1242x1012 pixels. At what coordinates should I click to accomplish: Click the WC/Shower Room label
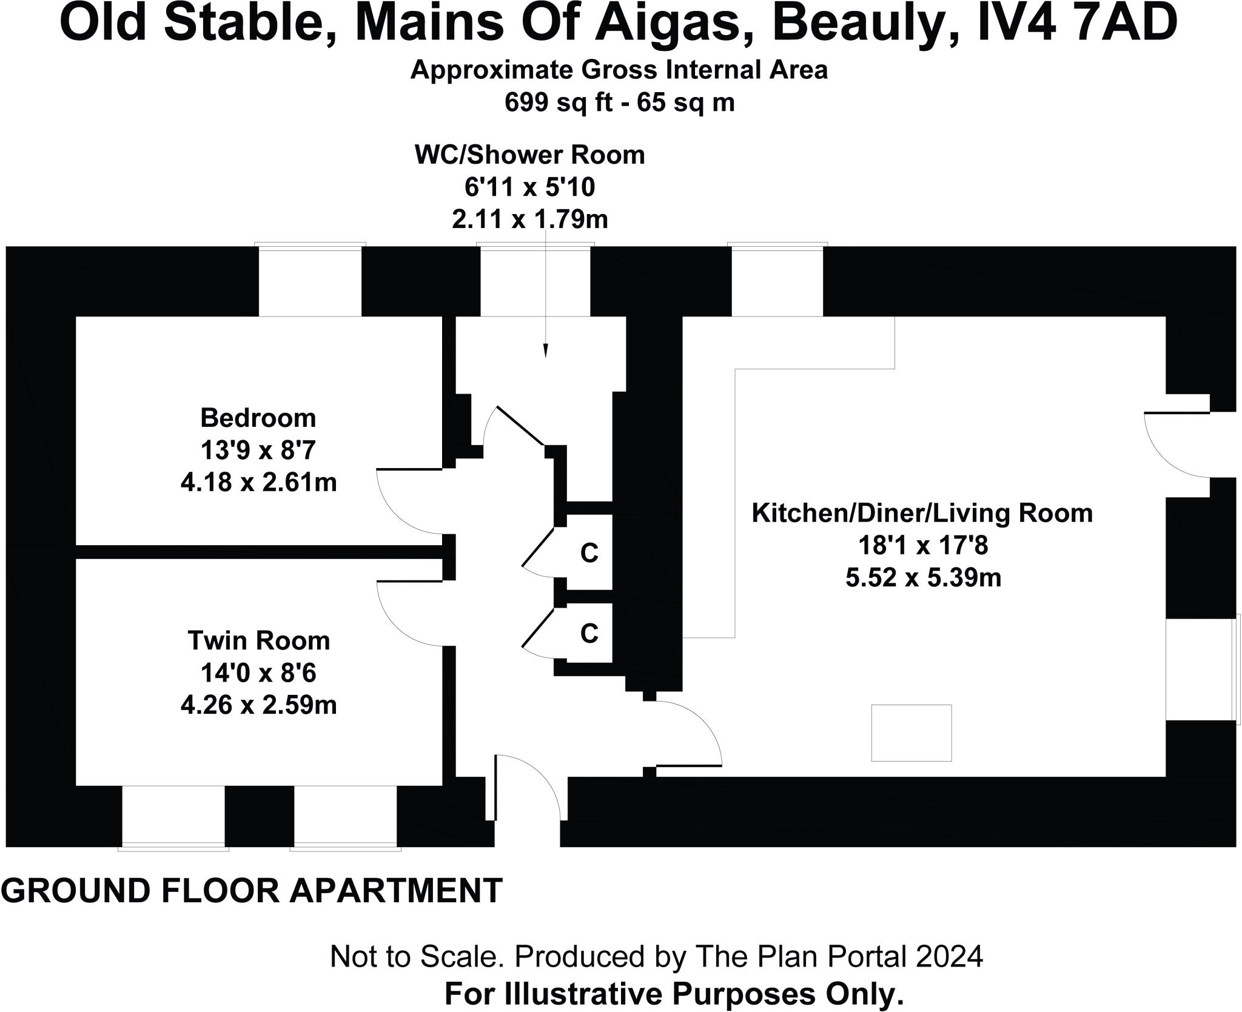coord(529,155)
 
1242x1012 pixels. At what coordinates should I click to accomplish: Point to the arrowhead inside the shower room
coord(546,351)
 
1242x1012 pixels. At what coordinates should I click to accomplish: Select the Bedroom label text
coord(258,418)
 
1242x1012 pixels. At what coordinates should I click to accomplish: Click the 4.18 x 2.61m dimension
coord(258,483)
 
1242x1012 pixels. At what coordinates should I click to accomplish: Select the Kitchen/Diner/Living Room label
coord(922,514)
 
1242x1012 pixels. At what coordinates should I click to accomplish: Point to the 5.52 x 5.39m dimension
coord(923,578)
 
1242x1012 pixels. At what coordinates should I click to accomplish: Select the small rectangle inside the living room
coord(911,733)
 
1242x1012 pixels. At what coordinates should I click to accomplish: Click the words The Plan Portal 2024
coord(839,957)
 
